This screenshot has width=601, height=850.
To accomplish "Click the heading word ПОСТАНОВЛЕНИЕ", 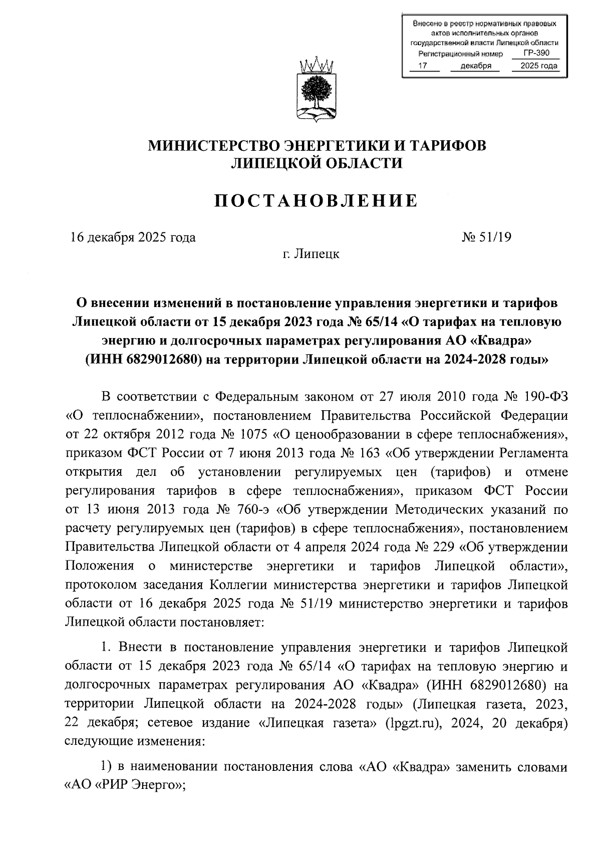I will click(316, 201).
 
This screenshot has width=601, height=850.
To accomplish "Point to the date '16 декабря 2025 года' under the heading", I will click(132, 237).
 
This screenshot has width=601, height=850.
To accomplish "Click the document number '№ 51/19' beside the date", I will click(486, 237).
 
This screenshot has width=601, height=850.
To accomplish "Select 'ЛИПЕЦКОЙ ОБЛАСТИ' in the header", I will click(316, 163).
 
